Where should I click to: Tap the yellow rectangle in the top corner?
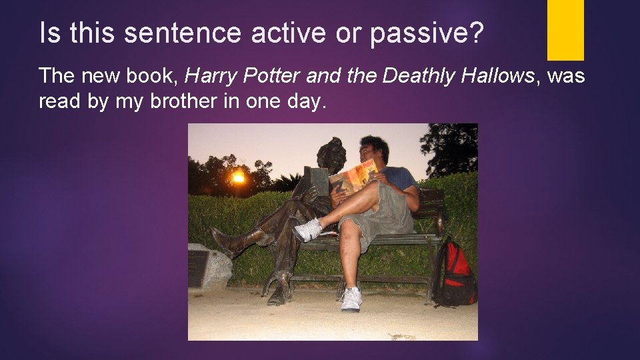[x=565, y=29]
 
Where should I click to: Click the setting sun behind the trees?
[x=238, y=177]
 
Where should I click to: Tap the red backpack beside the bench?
[x=458, y=274]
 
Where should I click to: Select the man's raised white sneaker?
[x=308, y=230]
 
